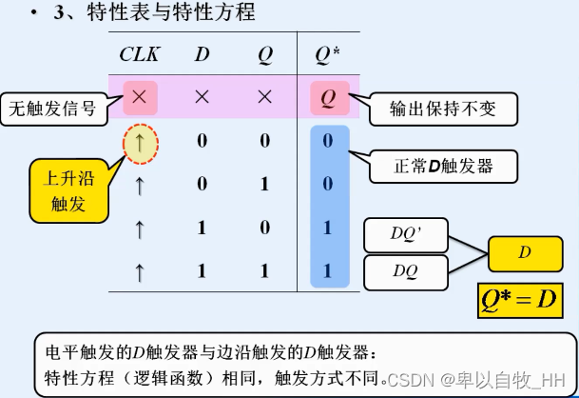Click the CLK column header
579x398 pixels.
coord(141,54)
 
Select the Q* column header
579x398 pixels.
coord(328,54)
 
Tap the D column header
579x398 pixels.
coord(202,54)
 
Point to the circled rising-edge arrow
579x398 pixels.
coord(141,142)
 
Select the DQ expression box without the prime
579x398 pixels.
coord(406,269)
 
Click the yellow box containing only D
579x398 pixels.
coord(524,252)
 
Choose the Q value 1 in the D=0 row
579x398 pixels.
coord(265,185)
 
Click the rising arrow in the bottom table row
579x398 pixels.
coord(141,272)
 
